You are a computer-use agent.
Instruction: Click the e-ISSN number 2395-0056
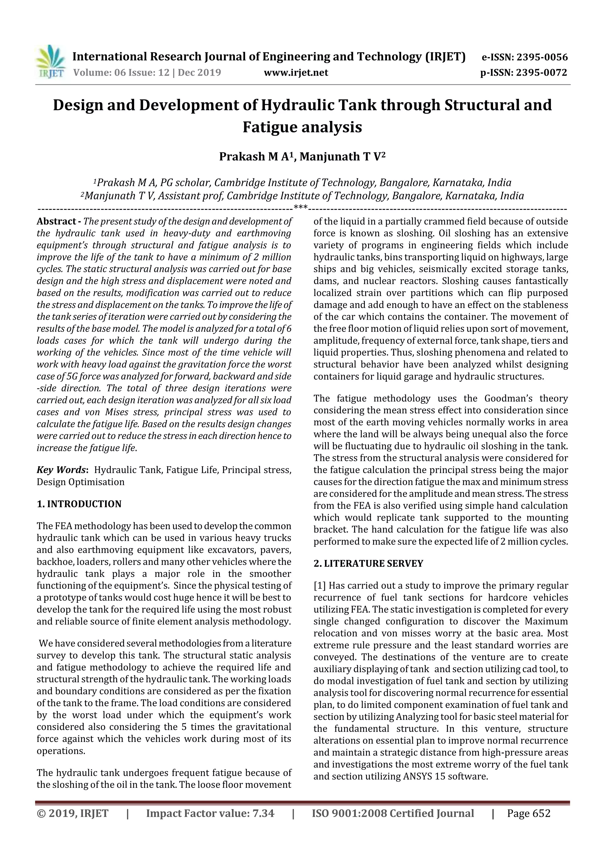point(541,57)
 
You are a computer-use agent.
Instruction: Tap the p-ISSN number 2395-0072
point(541,73)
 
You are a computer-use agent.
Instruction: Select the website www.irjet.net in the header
point(296,73)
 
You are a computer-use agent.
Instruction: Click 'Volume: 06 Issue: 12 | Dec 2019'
point(147,72)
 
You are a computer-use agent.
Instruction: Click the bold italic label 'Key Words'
point(61,470)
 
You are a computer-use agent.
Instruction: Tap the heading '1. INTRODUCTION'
point(79,504)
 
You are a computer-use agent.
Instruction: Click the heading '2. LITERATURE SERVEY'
point(368,563)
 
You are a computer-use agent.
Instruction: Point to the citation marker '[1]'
point(320,586)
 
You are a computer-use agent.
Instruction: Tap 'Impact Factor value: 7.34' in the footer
point(210,813)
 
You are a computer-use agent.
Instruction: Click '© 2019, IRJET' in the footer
point(73,813)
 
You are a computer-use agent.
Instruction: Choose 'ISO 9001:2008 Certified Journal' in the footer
point(393,813)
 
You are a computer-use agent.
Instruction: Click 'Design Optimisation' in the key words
point(81,482)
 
